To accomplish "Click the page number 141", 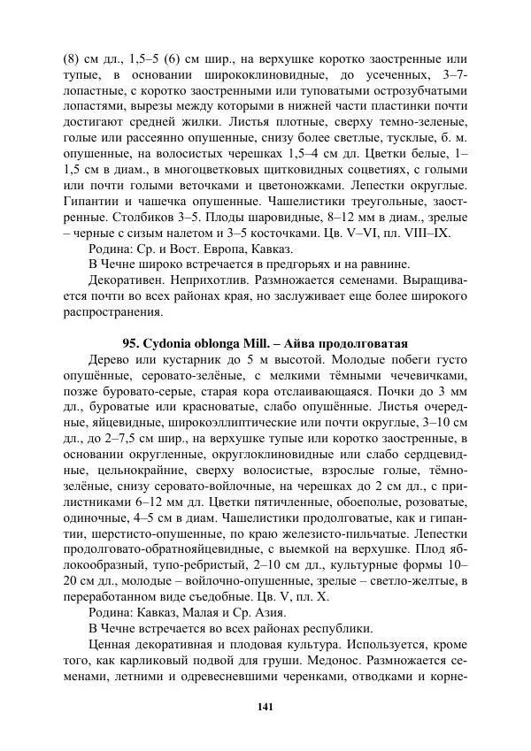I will pyautogui.click(x=265, y=706).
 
